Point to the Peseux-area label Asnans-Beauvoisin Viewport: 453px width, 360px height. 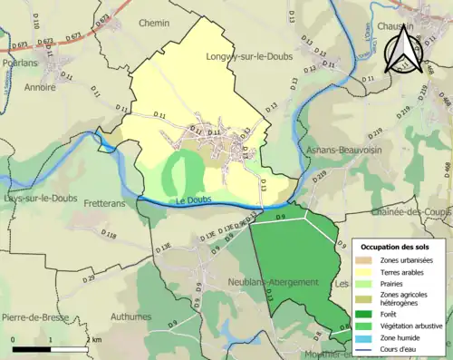click(x=346, y=150)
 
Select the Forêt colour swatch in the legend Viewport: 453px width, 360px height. click(x=367, y=314)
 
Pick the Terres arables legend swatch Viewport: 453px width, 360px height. click(x=367, y=273)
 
